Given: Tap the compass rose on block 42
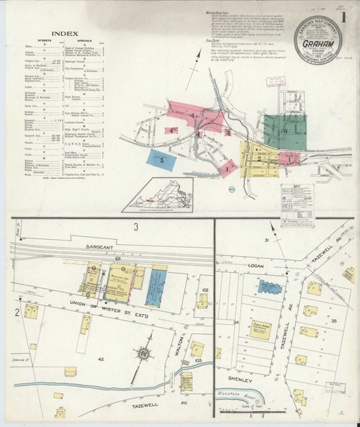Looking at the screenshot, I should coord(143,355).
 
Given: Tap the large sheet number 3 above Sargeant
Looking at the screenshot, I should coord(135,228).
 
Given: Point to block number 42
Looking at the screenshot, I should coord(102,358).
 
